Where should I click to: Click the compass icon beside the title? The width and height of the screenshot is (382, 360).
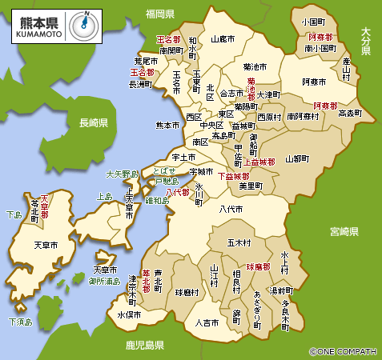pyautogui.click(x=83, y=25)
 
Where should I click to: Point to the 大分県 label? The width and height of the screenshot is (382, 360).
pyautogui.click(x=366, y=41)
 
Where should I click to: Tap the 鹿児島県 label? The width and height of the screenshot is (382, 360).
pyautogui.click(x=145, y=346)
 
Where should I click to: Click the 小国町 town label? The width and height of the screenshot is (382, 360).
pyautogui.click(x=315, y=22)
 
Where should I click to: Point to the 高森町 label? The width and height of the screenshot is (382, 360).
pyautogui.click(x=351, y=114)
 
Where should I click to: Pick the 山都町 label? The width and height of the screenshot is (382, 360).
pyautogui.click(x=297, y=159)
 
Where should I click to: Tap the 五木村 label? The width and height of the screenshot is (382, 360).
pyautogui.click(x=239, y=242)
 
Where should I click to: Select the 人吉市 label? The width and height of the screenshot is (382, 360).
pyautogui.click(x=207, y=322)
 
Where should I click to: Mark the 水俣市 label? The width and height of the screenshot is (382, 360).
pyautogui.click(x=130, y=314)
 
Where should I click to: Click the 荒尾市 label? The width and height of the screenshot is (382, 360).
pyautogui.click(x=146, y=61)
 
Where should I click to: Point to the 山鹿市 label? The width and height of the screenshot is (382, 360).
pyautogui.click(x=222, y=38)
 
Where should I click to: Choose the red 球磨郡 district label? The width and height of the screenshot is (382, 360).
pyautogui.click(x=259, y=266)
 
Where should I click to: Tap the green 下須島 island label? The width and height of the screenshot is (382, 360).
pyautogui.click(x=19, y=322)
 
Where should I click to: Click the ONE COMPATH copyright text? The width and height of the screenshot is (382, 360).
pyautogui.click(x=343, y=351)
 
